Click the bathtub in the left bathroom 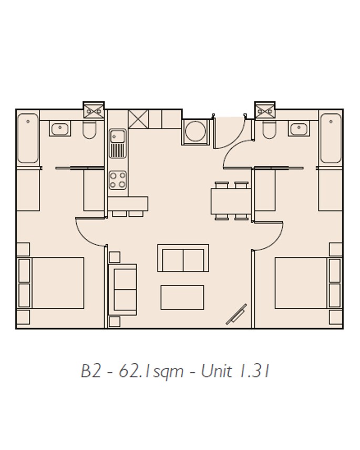point(28,138)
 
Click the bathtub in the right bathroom point(331,138)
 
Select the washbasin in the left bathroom point(60,128)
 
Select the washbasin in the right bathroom point(299,128)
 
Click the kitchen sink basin point(118,136)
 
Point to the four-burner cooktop point(118,180)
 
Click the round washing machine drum point(196,132)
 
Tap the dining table point(231,201)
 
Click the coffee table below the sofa point(182,297)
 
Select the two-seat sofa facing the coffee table point(183,258)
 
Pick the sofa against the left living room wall point(122,290)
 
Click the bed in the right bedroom point(308,283)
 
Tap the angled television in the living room point(236,315)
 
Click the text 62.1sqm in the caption point(151,371)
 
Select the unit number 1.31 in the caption point(254,371)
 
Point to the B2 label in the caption point(91,371)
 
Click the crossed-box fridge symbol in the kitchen point(139,119)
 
